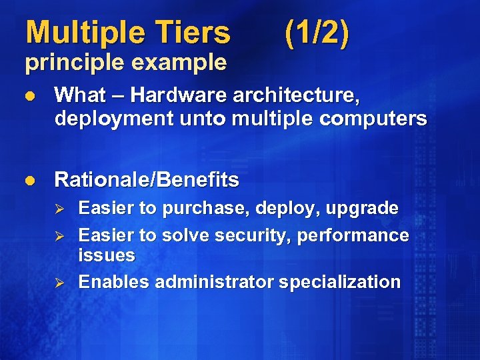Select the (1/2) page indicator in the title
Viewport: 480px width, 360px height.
tap(316, 33)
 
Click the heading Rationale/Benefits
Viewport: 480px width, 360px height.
tap(146, 180)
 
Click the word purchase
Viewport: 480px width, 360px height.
tap(199, 209)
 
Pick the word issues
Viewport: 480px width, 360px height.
tap(107, 255)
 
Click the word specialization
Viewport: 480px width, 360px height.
tap(340, 282)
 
